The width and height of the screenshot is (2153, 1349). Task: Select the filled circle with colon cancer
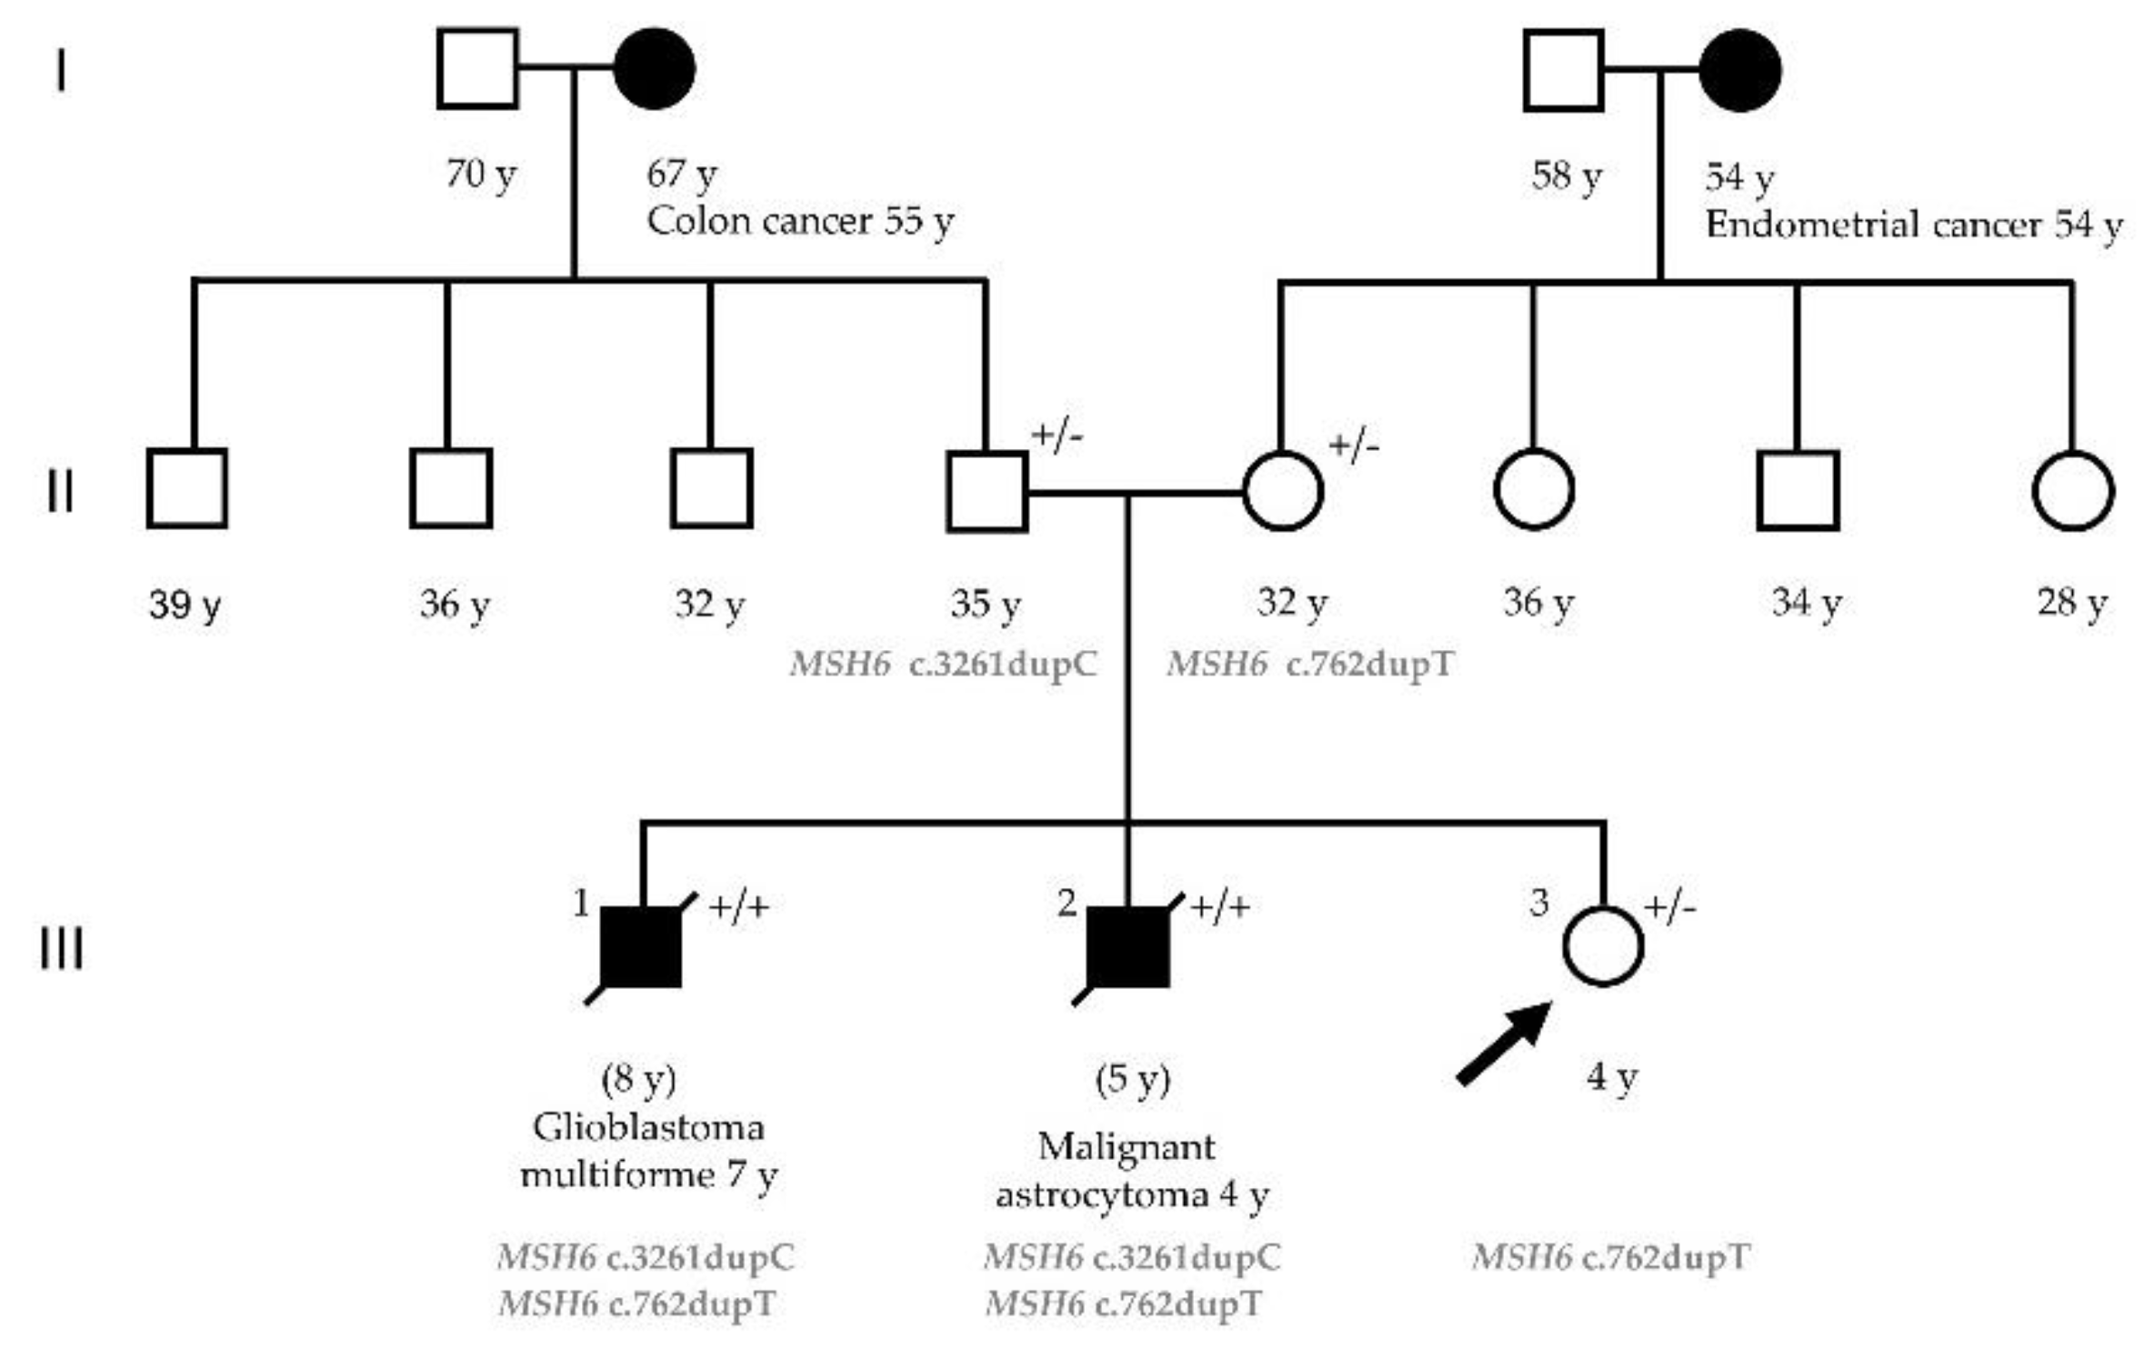[655, 69]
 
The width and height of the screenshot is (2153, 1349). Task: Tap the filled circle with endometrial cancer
[1739, 70]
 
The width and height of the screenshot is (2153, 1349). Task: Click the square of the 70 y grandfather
[477, 69]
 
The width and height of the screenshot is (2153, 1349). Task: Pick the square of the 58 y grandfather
[1564, 70]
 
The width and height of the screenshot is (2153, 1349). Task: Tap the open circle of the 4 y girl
[1603, 946]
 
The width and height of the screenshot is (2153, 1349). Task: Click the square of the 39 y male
[187, 488]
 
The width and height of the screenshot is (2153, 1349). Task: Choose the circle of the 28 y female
[2073, 491]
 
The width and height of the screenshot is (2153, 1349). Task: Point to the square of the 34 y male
[1798, 491]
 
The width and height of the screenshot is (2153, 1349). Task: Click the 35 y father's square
[987, 491]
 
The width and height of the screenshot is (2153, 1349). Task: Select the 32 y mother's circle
[1283, 491]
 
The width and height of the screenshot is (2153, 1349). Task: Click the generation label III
[62, 949]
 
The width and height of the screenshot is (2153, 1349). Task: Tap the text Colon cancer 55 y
[800, 221]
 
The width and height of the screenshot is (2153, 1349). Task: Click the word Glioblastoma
[647, 1127]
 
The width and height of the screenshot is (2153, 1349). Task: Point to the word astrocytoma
[1101, 1194]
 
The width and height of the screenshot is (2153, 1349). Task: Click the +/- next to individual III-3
[1669, 906]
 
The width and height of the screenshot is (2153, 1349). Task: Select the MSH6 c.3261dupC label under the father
[944, 665]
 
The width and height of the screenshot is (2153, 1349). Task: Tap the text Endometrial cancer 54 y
[1913, 225]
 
